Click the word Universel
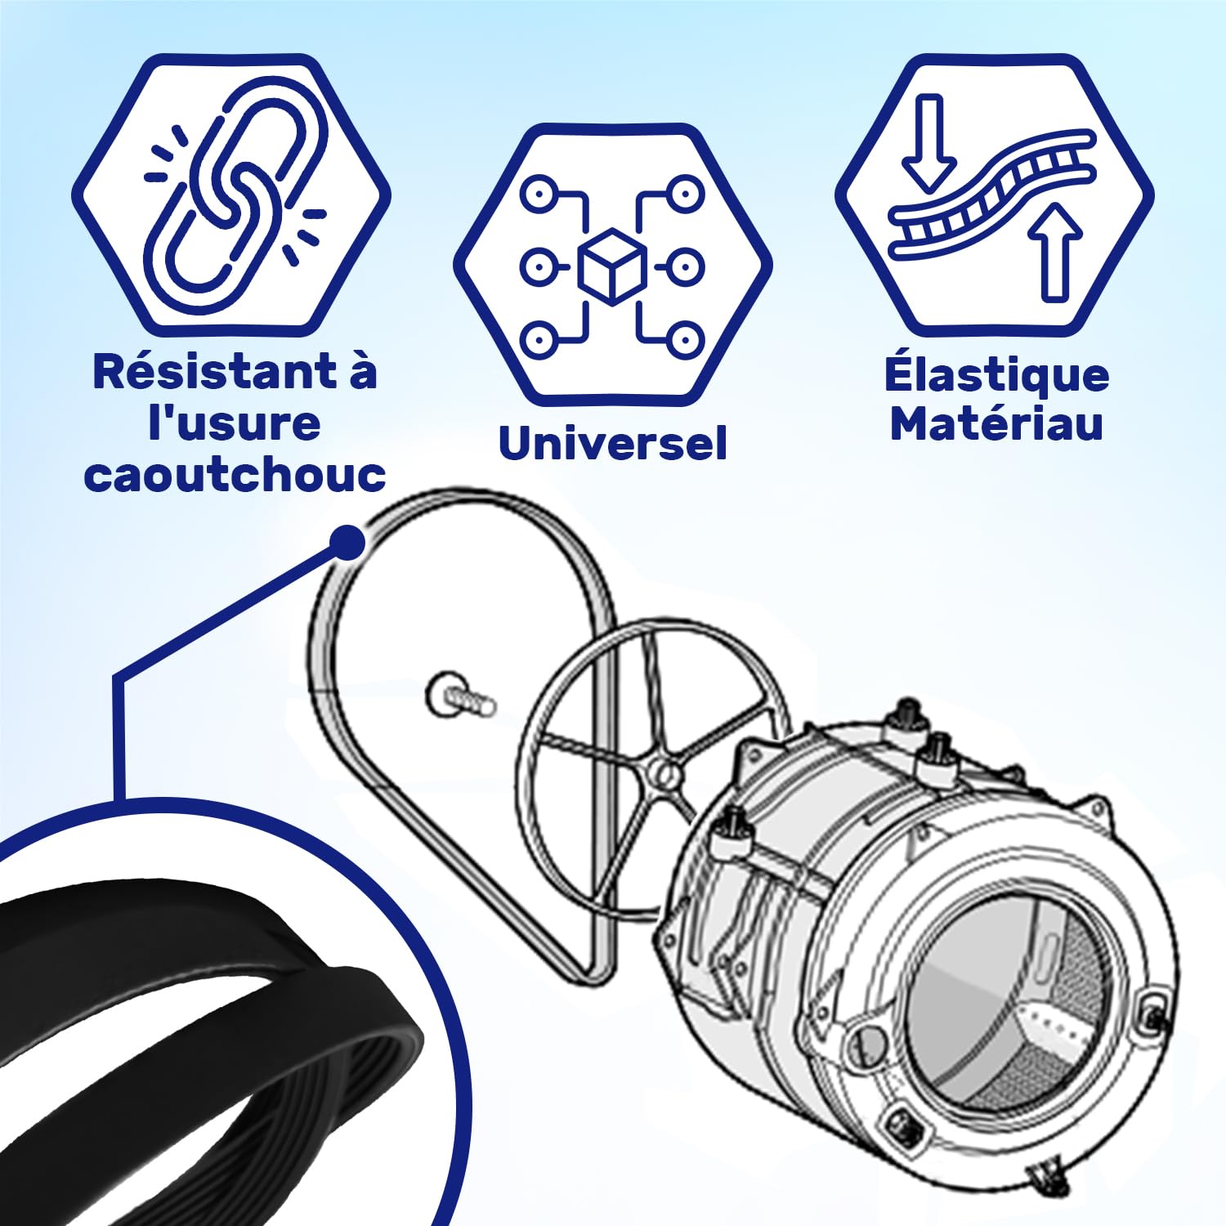pos(612,444)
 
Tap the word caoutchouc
pos(235,475)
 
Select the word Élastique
pos(996,374)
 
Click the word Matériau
pos(996,423)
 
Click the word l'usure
pos(235,423)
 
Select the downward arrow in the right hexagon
pos(929,143)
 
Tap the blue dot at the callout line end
pos(347,543)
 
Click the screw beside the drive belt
pos(460,698)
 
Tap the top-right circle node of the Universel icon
pos(684,195)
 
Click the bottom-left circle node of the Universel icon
pos(539,338)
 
